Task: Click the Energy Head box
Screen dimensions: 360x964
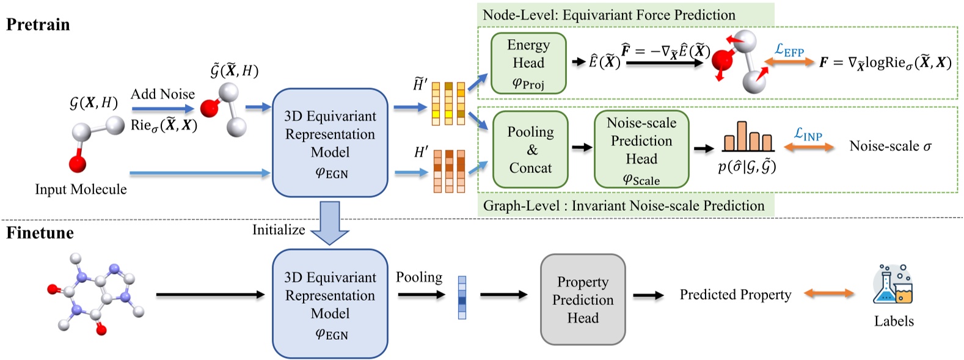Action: [x=528, y=64]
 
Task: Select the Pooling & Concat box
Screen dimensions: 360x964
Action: [x=530, y=149]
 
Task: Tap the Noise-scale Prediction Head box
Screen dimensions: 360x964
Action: [x=641, y=149]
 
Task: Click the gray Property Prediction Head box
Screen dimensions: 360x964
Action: [x=583, y=299]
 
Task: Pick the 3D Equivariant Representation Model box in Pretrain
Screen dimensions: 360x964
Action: [x=330, y=142]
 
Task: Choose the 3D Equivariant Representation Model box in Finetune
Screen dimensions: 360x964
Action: [x=330, y=303]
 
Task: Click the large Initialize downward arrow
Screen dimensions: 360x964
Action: [x=330, y=224]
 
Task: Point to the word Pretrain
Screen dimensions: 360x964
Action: [x=38, y=24]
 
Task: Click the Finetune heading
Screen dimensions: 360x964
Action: [x=40, y=233]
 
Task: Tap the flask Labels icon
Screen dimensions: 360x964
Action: [x=893, y=285]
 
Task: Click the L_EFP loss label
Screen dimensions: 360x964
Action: [x=789, y=50]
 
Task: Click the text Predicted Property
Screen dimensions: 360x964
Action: [x=735, y=295]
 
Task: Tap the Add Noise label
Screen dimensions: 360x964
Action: [x=162, y=94]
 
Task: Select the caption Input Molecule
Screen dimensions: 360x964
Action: [x=81, y=189]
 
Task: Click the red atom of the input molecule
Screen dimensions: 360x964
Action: [x=77, y=163]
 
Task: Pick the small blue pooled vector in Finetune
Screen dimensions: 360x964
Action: [x=462, y=298]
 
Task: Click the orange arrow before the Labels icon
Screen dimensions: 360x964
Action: [x=829, y=294]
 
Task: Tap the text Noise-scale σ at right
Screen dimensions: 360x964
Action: [x=890, y=146]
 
